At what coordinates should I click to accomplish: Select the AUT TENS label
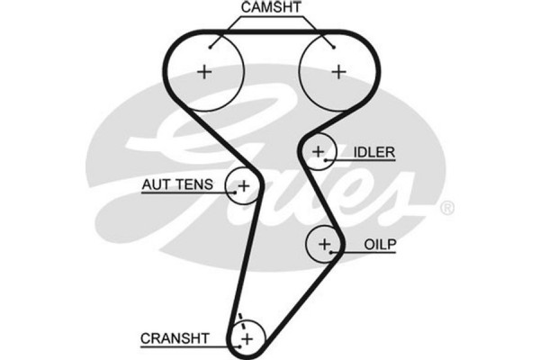pos(177,185)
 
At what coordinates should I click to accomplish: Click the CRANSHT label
pos(175,338)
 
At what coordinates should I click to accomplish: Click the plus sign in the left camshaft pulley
pos(204,72)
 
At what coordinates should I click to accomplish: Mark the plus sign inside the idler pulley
pos(317,152)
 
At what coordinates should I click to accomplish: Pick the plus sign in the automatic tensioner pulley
pos(242,186)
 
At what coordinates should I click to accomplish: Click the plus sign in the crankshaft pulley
pos(246,338)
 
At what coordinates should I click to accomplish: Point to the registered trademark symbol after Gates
pos(446,208)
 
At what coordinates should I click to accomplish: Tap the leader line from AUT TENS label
pos(226,186)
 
